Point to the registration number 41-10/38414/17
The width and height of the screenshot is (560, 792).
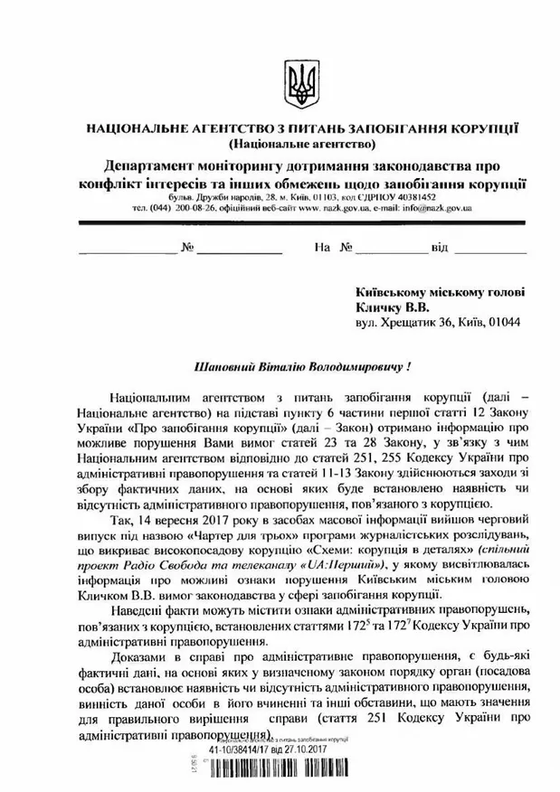[245, 750]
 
